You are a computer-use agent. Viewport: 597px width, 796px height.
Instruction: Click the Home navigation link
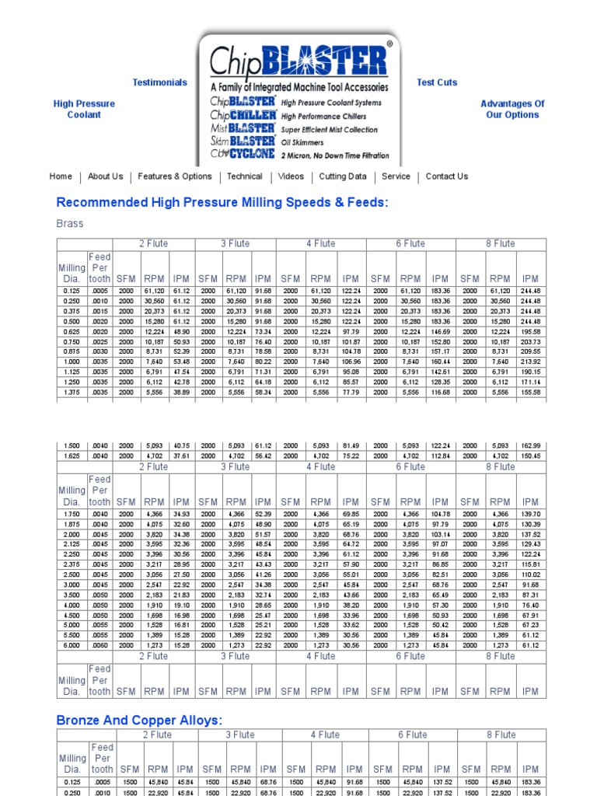pyautogui.click(x=61, y=176)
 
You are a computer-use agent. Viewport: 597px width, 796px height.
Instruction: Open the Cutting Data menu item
pyautogui.click(x=343, y=176)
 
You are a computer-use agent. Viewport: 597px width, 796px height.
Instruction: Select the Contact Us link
pyautogui.click(x=447, y=176)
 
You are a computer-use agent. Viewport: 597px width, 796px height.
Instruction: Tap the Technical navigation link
pyautogui.click(x=245, y=176)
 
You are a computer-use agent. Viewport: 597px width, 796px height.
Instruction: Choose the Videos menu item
pyautogui.click(x=291, y=176)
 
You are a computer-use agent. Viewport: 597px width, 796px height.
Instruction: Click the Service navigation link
pyautogui.click(x=396, y=176)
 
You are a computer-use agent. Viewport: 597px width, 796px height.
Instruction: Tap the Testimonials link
pyautogui.click(x=159, y=82)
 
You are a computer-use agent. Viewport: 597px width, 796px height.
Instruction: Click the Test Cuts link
pyautogui.click(x=437, y=82)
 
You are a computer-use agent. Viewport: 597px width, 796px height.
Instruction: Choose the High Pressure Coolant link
pyautogui.click(x=84, y=109)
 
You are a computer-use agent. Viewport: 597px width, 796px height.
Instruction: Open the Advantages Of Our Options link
pyautogui.click(x=512, y=109)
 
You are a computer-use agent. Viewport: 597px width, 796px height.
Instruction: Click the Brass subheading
pyautogui.click(x=70, y=224)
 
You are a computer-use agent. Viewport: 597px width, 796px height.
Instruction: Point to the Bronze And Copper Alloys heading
pyautogui.click(x=139, y=721)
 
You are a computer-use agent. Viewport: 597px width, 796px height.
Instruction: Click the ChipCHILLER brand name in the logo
pyautogui.click(x=243, y=115)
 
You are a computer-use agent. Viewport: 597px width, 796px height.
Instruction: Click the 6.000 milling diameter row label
pyautogui.click(x=72, y=645)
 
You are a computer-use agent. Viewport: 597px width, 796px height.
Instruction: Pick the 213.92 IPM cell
pyautogui.click(x=531, y=361)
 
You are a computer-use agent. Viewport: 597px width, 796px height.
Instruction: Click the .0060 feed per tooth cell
pyautogui.click(x=99, y=645)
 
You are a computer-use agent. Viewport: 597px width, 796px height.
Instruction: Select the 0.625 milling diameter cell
pyautogui.click(x=72, y=331)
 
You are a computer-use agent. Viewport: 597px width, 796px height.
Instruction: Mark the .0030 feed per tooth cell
pyautogui.click(x=99, y=351)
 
